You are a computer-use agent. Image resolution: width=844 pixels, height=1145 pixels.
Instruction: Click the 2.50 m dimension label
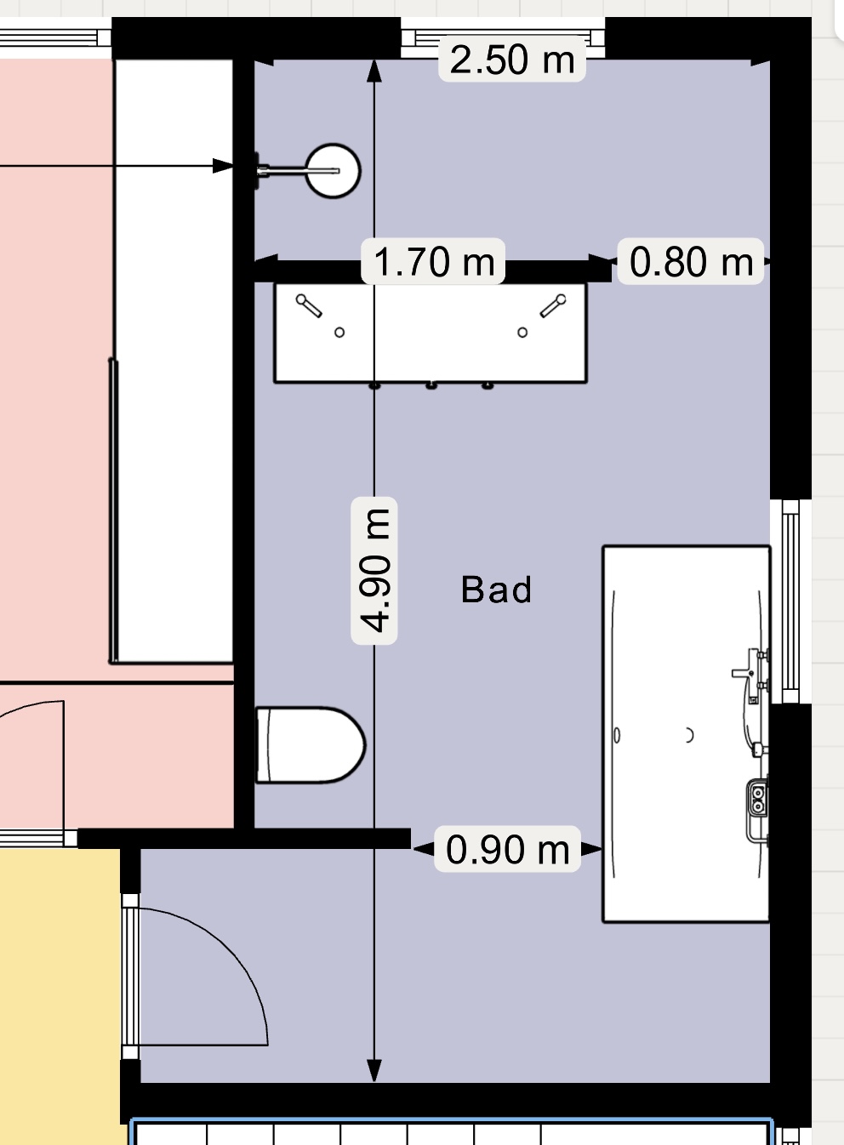511,60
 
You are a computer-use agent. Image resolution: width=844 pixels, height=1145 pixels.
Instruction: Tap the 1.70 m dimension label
433,261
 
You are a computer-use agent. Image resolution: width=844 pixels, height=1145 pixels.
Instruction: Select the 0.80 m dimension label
691,261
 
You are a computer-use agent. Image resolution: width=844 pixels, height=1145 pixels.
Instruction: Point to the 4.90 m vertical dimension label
374,570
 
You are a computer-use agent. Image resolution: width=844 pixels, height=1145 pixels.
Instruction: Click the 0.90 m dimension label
507,849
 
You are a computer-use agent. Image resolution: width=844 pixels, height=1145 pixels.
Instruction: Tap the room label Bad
496,590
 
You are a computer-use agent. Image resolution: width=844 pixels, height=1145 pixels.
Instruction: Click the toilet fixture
311,745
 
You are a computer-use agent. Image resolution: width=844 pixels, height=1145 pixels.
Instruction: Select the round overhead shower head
333,170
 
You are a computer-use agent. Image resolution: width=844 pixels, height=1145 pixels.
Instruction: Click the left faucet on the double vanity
309,305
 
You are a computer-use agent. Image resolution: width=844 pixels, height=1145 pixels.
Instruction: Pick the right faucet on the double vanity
553,305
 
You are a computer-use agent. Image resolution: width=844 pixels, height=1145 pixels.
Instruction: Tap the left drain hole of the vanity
339,333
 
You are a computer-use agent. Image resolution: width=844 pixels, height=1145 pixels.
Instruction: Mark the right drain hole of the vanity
522,333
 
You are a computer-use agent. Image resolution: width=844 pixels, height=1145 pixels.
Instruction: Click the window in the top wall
503,37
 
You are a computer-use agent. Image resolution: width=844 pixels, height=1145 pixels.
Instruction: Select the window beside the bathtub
790,601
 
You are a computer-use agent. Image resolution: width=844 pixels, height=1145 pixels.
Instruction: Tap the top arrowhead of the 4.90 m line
374,71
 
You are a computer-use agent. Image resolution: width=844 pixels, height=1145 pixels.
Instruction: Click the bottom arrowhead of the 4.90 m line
374,1070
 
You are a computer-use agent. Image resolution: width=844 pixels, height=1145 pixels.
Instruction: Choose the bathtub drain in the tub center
689,735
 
